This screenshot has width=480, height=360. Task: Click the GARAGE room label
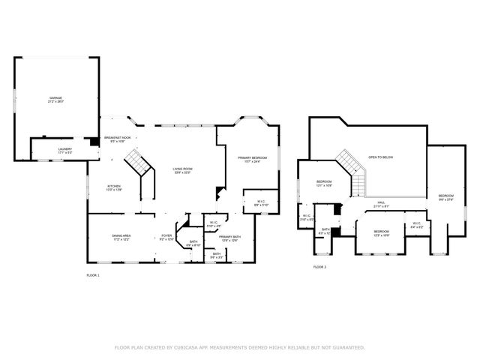click(x=55, y=98)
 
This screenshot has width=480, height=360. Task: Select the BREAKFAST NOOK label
click(x=118, y=138)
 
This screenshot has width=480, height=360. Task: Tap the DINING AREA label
click(x=122, y=237)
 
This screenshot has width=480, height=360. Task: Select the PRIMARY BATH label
click(x=229, y=237)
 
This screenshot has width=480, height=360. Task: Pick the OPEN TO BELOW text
click(x=380, y=157)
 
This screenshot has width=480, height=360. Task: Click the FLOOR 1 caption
click(x=93, y=276)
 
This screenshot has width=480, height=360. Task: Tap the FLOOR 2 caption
click(x=319, y=267)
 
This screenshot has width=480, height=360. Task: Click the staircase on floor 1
click(x=136, y=160)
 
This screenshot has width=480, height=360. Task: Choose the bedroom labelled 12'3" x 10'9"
click(x=381, y=232)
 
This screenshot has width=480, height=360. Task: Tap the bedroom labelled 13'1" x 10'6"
click(x=324, y=184)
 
